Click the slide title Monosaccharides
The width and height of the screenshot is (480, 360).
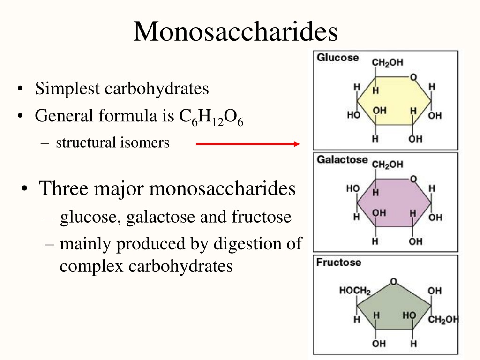coord(236,31)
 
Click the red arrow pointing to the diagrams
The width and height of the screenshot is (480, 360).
coord(247,144)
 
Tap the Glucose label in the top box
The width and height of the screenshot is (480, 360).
coord(337,58)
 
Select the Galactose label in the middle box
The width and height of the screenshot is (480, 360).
coord(342,159)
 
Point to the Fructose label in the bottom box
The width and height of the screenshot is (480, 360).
coord(338,262)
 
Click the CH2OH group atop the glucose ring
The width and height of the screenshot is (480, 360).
coord(388,62)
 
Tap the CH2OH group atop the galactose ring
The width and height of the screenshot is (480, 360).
coord(388,165)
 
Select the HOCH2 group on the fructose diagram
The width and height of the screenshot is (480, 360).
coord(355,291)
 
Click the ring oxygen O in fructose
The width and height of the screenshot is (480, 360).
coord(394,281)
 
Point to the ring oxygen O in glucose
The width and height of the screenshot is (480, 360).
coord(413,77)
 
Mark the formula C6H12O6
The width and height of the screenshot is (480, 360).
coord(211,117)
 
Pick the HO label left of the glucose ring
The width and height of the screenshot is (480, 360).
coord(353,115)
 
